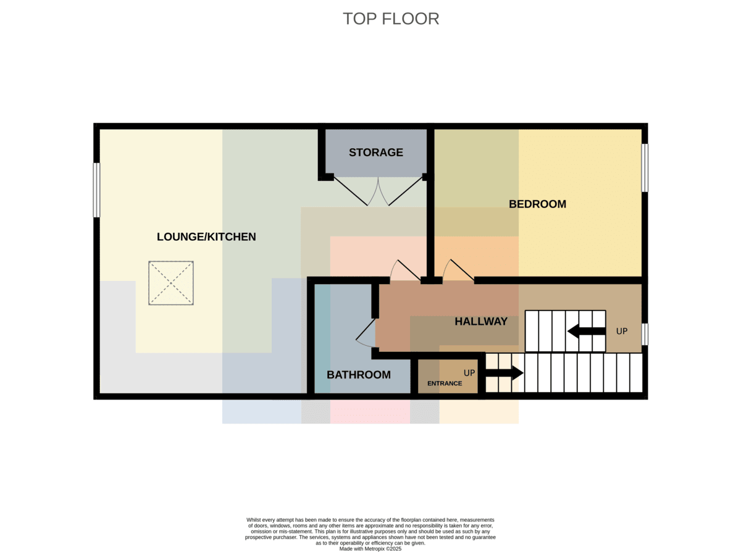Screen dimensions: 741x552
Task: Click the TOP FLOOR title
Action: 390,19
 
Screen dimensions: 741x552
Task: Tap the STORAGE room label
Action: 376,153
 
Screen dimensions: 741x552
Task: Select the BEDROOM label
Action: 537,204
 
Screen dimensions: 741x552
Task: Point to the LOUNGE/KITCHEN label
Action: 206,236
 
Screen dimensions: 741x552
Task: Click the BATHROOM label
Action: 359,375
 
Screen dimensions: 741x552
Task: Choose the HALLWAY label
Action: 481,321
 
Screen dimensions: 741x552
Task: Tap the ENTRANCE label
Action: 445,383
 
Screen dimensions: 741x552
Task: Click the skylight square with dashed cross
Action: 170,283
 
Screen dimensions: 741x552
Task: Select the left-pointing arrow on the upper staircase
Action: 587,331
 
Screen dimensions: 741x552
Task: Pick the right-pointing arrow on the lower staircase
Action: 504,372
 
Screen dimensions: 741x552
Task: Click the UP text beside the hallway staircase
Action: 621,331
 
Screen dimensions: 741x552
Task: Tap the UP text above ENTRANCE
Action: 469,373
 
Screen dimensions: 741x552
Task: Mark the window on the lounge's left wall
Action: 96,190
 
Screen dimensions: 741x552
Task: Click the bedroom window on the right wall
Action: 645,168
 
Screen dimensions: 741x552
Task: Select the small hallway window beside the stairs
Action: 645,334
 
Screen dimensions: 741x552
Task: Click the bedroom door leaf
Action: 463,270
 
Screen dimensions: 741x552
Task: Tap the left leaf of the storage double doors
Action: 351,191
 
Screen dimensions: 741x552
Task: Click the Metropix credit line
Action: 370,549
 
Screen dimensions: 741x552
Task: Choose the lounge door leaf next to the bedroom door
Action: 409,270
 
